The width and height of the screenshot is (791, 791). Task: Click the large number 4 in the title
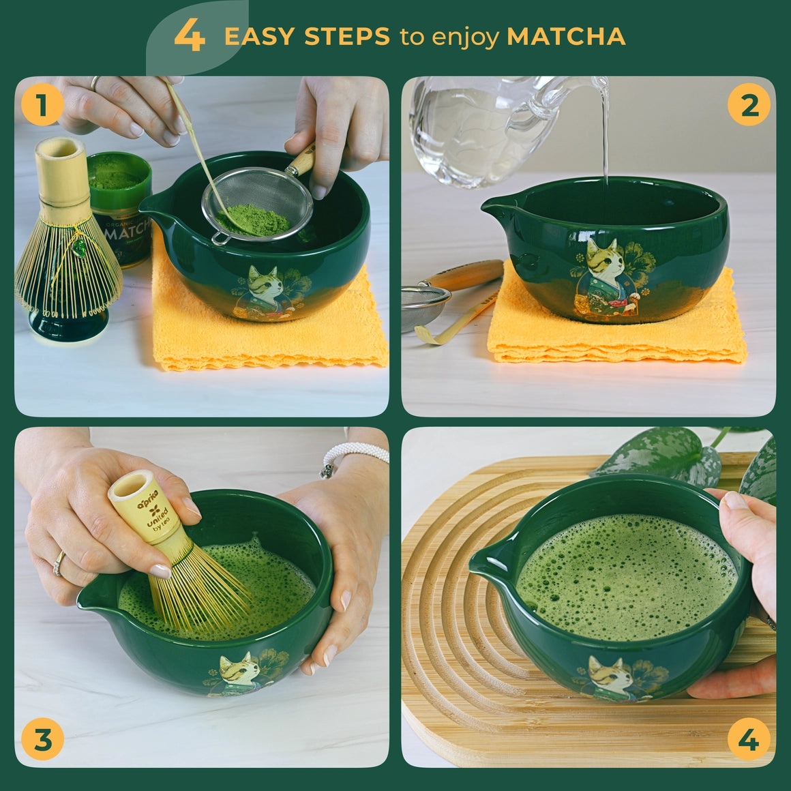click(190, 35)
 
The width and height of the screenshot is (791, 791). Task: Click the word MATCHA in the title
click(566, 36)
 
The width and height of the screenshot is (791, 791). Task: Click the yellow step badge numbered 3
click(42, 739)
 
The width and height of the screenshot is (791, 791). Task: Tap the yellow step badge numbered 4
click(749, 739)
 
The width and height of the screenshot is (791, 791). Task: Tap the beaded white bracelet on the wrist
click(351, 455)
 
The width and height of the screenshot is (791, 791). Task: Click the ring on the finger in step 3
click(59, 563)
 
